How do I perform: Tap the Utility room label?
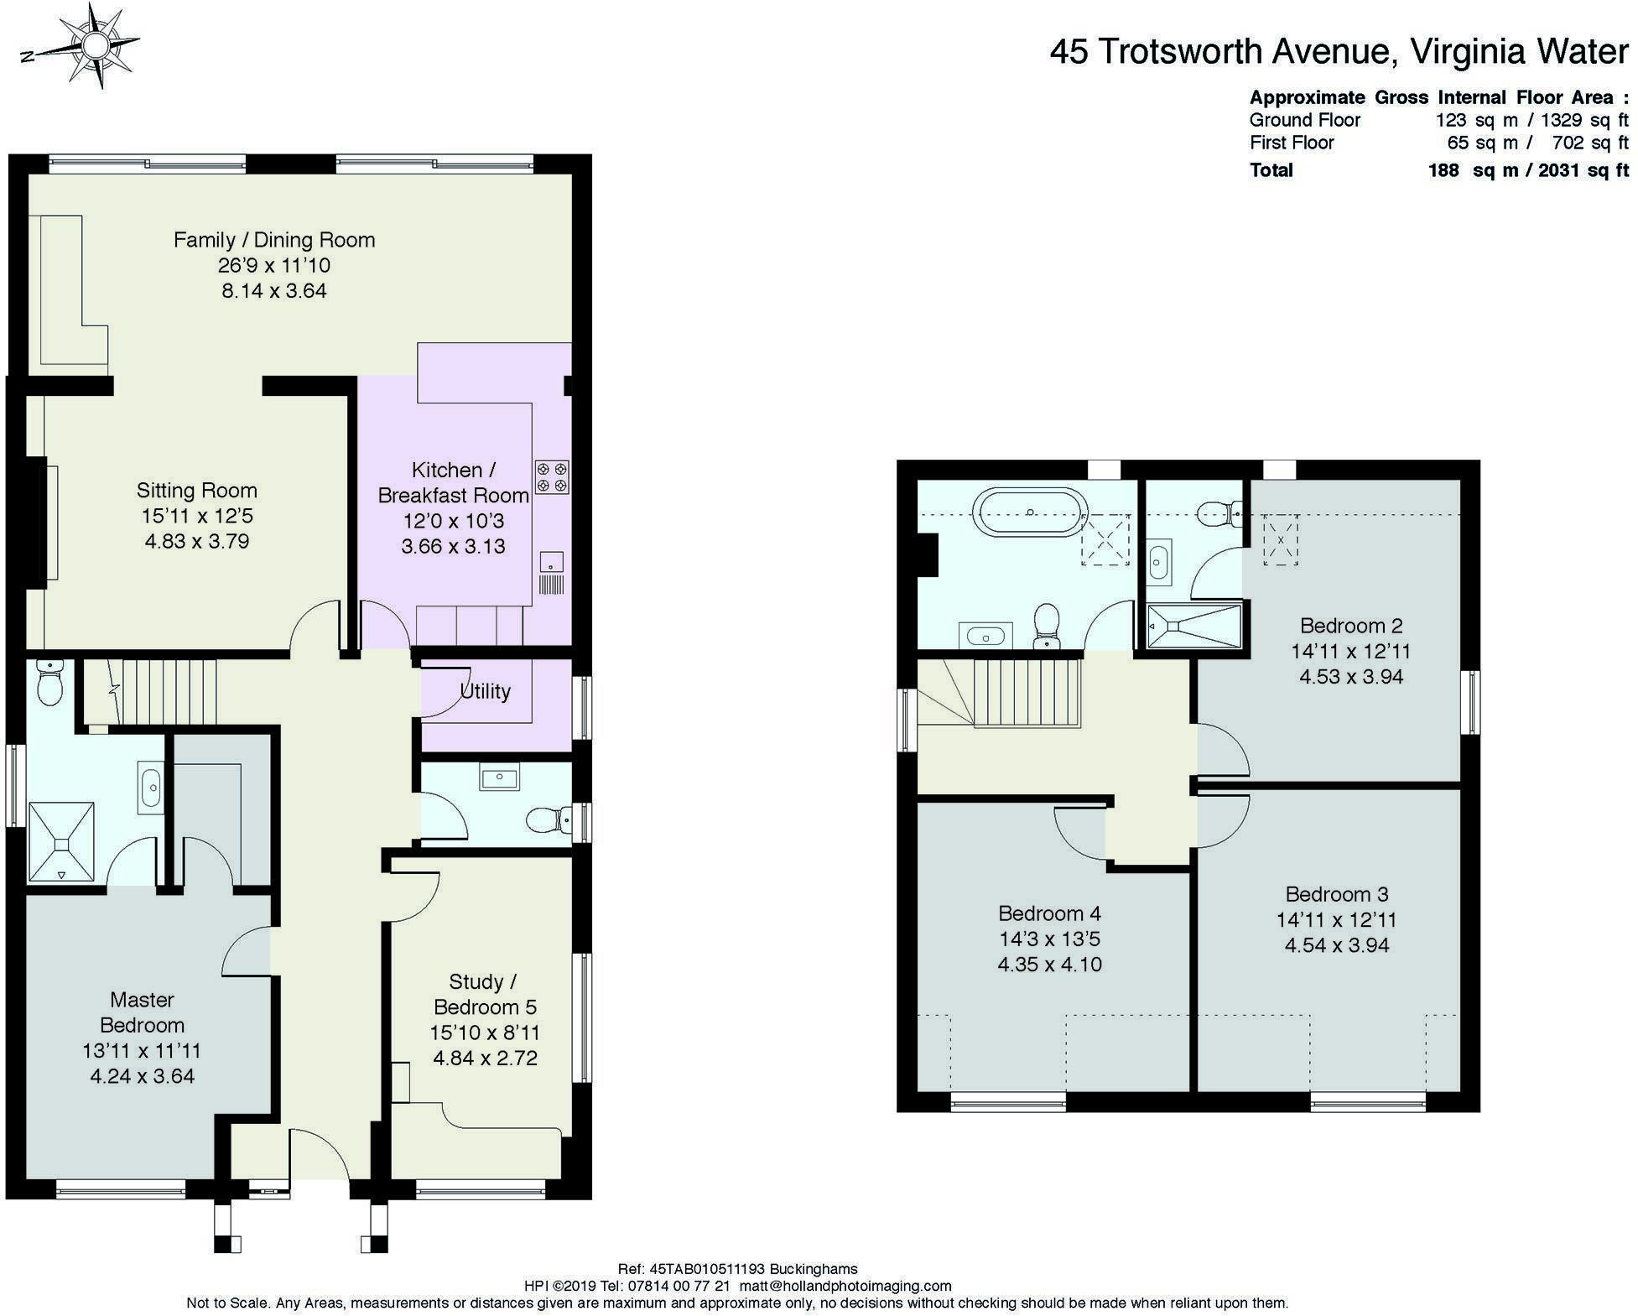[x=485, y=691]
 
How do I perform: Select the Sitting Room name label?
[x=197, y=490]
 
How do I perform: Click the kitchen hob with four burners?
[x=553, y=476]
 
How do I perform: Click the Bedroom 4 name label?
[x=1049, y=913]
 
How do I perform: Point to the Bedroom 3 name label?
[x=1337, y=894]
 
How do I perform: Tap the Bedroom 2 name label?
[x=1351, y=626]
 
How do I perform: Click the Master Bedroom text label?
[x=142, y=1012]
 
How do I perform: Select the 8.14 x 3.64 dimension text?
[x=274, y=291]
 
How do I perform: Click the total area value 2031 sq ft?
[x=1583, y=170]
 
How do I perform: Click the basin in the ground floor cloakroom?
[x=499, y=777]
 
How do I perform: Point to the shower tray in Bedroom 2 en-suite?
[x=1193, y=626]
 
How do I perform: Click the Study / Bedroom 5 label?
[x=484, y=994]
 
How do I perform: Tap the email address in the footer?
[x=845, y=1286]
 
